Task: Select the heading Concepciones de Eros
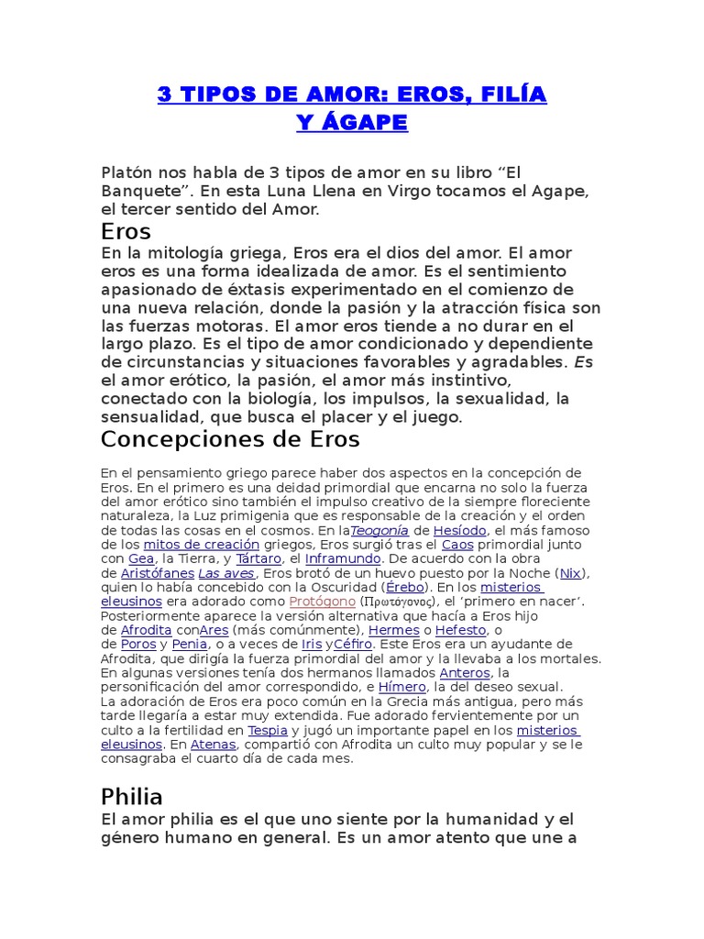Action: (x=230, y=439)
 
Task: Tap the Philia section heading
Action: (x=132, y=795)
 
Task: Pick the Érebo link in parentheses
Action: (x=404, y=587)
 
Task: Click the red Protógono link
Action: (x=321, y=602)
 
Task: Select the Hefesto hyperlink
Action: (x=461, y=630)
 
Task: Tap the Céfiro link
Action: (x=353, y=645)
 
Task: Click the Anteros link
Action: (x=465, y=673)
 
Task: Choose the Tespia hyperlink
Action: (x=268, y=730)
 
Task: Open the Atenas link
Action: (x=214, y=745)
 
